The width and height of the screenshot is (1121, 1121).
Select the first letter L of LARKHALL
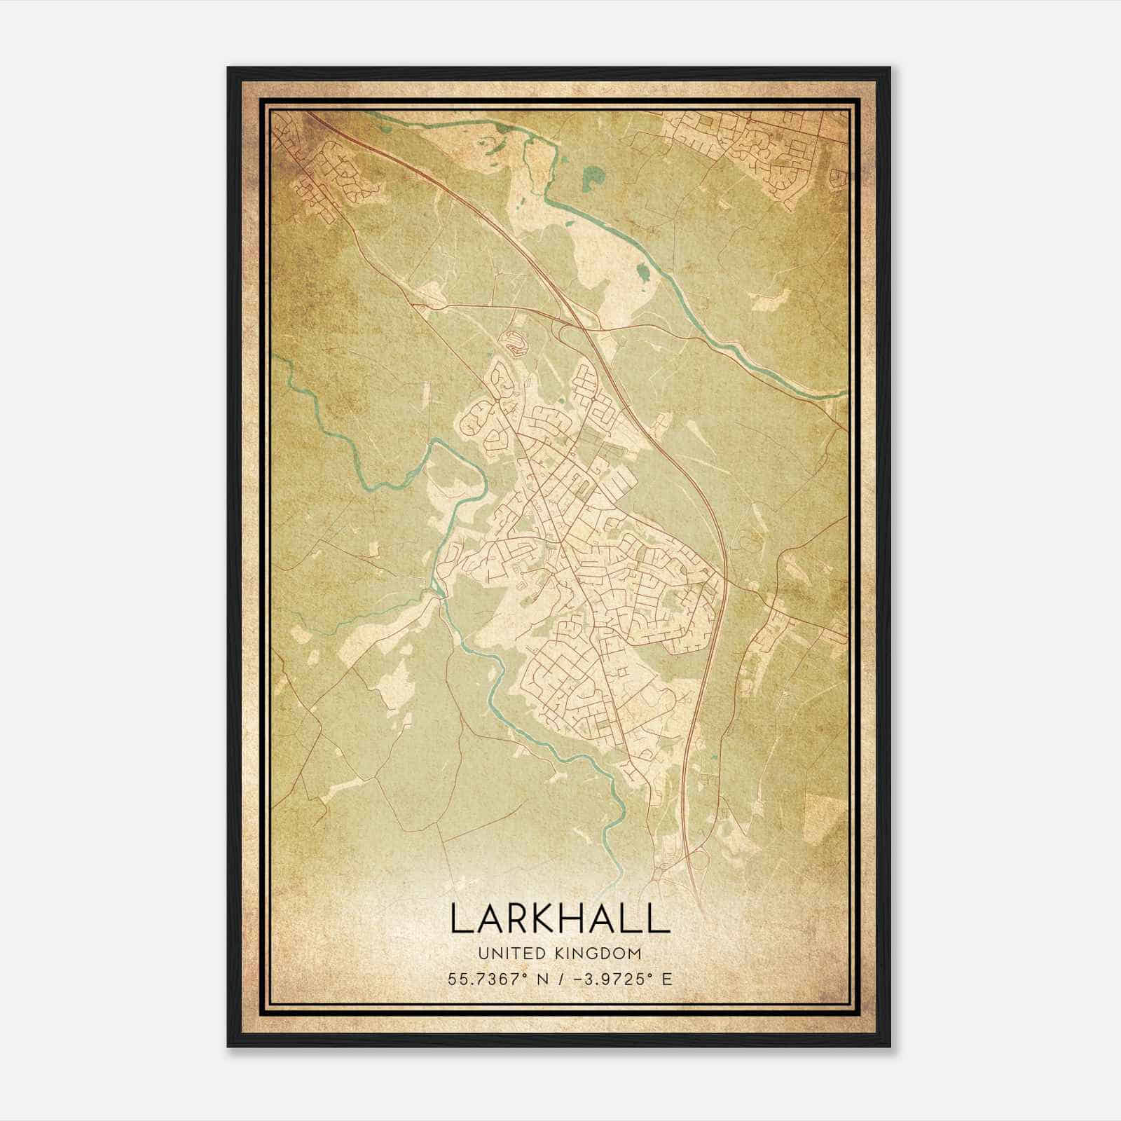[459, 918]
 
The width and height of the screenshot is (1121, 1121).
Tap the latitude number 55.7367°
[485, 979]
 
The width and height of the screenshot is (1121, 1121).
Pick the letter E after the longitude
[666, 979]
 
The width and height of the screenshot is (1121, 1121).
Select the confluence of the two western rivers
[439, 592]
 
